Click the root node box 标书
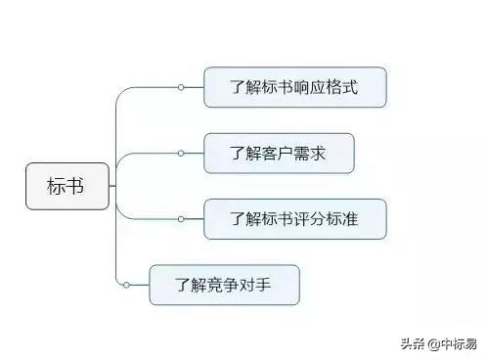[x=66, y=186]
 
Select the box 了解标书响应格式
[x=295, y=87]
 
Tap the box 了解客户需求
[x=278, y=153]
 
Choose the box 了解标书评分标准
[x=295, y=218]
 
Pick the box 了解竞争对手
[x=224, y=285]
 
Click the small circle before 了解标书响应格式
[x=181, y=87]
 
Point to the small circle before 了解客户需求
[x=181, y=153]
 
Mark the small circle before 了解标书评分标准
[x=181, y=218]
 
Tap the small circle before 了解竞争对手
[x=126, y=285]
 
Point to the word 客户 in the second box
[x=278, y=153]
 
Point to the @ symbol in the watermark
[x=431, y=342]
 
